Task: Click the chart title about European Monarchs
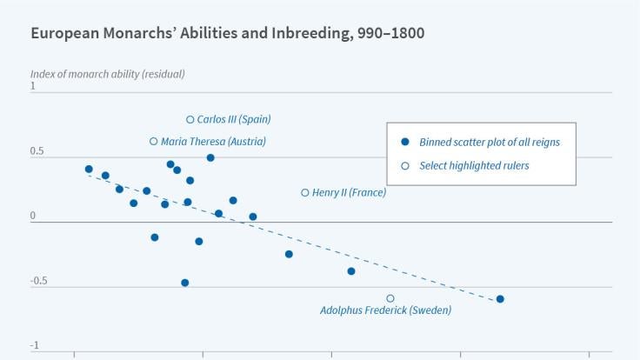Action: pos(227,34)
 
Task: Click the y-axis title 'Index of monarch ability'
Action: pos(107,73)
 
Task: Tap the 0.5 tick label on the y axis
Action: pos(37,151)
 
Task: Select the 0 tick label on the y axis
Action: pos(33,216)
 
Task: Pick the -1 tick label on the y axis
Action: pos(35,346)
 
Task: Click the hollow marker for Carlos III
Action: pos(190,120)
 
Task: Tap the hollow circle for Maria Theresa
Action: pos(154,142)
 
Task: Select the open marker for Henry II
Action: pos(305,193)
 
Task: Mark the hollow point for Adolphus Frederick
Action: pos(390,298)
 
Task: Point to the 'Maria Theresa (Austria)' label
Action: pos(214,142)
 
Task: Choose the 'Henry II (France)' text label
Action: pos(349,193)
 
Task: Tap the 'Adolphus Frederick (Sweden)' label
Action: pos(385,310)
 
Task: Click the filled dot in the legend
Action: pos(404,142)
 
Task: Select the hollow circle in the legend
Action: pos(404,165)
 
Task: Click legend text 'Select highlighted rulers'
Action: pos(474,165)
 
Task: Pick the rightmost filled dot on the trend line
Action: pos(500,299)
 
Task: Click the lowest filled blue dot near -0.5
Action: pos(185,283)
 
